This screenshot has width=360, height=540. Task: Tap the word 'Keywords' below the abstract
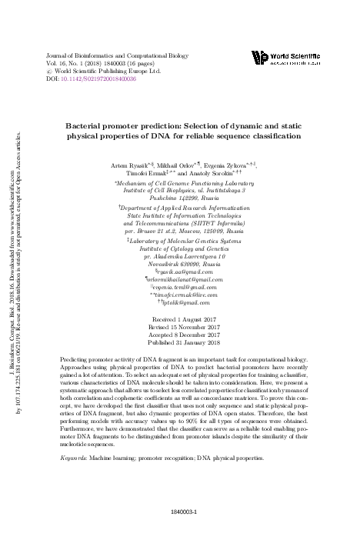pos(74,458)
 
